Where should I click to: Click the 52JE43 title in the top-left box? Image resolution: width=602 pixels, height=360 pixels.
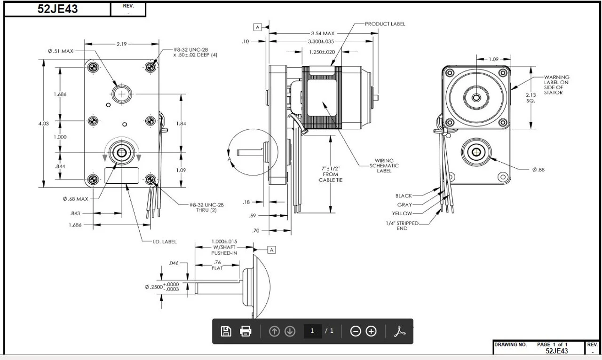pyautogui.click(x=57, y=9)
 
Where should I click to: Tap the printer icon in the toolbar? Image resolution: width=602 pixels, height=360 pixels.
pyautogui.click(x=246, y=331)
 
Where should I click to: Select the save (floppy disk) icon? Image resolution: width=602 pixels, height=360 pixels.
pyautogui.click(x=226, y=331)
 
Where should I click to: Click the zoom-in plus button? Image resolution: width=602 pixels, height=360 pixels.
pyautogui.click(x=371, y=331)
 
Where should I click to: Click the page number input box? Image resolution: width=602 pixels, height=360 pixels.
pyautogui.click(x=312, y=331)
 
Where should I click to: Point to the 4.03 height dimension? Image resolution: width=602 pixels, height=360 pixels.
pyautogui.click(x=43, y=124)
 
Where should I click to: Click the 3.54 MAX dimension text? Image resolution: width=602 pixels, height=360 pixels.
pyautogui.click(x=322, y=33)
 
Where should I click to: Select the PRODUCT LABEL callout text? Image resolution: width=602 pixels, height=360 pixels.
pyautogui.click(x=385, y=24)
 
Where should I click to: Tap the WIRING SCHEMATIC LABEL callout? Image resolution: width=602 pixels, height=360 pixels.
pyautogui.click(x=384, y=165)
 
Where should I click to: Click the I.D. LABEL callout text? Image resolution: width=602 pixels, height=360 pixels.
pyautogui.click(x=164, y=242)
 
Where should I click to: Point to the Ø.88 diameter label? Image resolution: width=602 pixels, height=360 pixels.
pyautogui.click(x=539, y=170)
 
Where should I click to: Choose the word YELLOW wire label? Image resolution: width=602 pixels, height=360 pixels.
pyautogui.click(x=402, y=214)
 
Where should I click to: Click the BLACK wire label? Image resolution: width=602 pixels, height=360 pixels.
pyautogui.click(x=404, y=196)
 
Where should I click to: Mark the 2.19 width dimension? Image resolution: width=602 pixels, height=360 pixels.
pyautogui.click(x=121, y=44)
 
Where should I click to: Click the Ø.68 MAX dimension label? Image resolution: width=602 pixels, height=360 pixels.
pyautogui.click(x=75, y=199)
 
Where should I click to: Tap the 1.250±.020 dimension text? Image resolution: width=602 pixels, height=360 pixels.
pyautogui.click(x=322, y=52)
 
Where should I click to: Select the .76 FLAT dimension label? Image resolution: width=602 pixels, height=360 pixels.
pyautogui.click(x=217, y=265)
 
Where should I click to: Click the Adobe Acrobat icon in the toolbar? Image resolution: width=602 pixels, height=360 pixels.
pyautogui.click(x=399, y=331)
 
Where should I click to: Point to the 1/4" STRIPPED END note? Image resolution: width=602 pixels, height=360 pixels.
pyautogui.click(x=401, y=226)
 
